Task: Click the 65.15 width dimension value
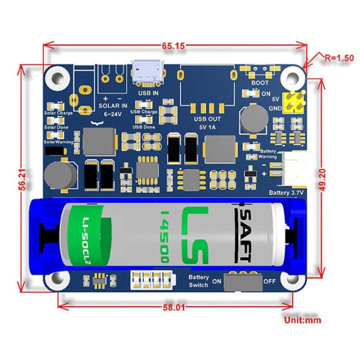[x=173, y=46]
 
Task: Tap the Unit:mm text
[x=302, y=320]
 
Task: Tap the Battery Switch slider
[x=243, y=281]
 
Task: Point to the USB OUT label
[x=207, y=119]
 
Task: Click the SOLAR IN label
[x=112, y=105]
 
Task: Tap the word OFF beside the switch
[x=269, y=281]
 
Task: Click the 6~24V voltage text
[x=113, y=114]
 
